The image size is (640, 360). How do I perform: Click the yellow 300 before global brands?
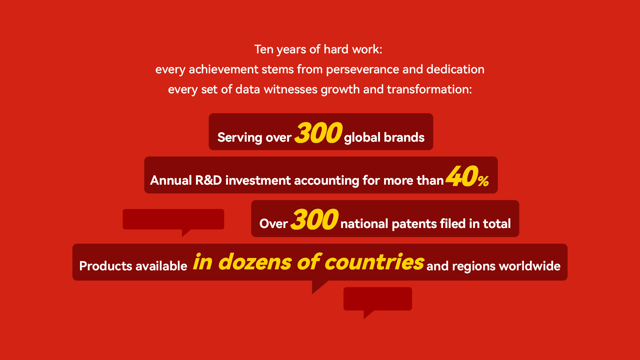pyautogui.click(x=318, y=133)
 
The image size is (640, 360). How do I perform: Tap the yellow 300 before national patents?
pyautogui.click(x=315, y=219)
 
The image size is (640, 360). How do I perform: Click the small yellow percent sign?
pyautogui.click(x=483, y=181)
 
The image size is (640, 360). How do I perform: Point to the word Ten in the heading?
pyautogui.click(x=264, y=49)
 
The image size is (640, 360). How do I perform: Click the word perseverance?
pyautogui.click(x=362, y=69)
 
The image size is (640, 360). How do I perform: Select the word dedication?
pyautogui.click(x=455, y=69)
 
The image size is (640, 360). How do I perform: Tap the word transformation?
pyautogui.click(x=429, y=89)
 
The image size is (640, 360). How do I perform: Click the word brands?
pyautogui.click(x=404, y=137)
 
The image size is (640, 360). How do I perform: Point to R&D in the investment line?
pyautogui.click(x=209, y=180)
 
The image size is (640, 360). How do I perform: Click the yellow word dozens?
pyautogui.click(x=255, y=262)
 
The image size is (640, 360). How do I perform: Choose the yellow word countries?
pyautogui.click(x=374, y=262)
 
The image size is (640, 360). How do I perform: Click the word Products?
pyautogui.click(x=106, y=266)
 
